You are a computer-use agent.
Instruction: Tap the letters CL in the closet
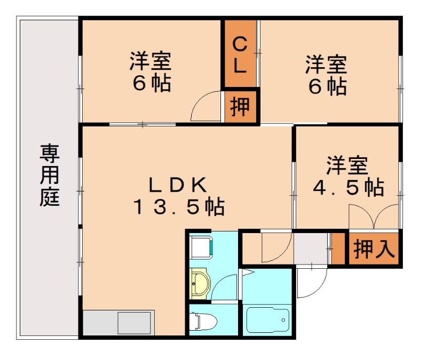pyautogui.click(x=240, y=55)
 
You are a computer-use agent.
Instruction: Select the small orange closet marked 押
pyautogui.click(x=240, y=107)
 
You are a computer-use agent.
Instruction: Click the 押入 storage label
pyautogui.click(x=374, y=248)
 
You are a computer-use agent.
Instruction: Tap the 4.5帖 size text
pyautogui.click(x=347, y=187)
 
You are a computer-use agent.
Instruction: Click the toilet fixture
pyautogui.click(x=203, y=321)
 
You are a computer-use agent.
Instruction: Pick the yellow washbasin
pyautogui.click(x=200, y=282)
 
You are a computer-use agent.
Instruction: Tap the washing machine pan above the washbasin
pyautogui.click(x=202, y=246)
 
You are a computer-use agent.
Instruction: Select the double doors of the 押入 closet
pyautogui.click(x=374, y=219)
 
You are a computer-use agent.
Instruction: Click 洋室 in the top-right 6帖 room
pyautogui.click(x=326, y=65)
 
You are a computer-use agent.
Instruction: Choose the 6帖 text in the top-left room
pyautogui.click(x=151, y=84)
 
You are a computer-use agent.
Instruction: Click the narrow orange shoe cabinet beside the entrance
pyautogui.click(x=337, y=248)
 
